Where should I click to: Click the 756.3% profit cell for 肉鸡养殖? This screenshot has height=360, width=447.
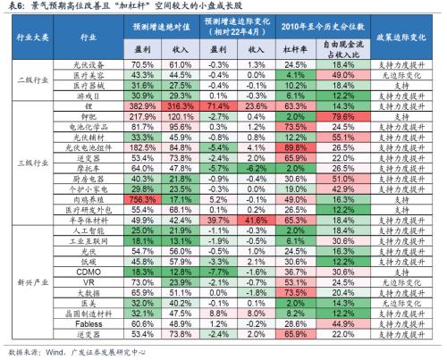pos(144,201)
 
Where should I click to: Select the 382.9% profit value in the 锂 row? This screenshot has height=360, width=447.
pos(144,105)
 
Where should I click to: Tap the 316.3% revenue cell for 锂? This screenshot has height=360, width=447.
pos(181,105)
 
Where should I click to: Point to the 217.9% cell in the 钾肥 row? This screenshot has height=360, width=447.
pos(144,116)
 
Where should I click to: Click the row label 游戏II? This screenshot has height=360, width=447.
pos(88,95)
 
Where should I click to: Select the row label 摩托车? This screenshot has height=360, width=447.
pos(88,169)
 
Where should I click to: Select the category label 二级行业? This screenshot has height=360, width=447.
pos(30,79)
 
